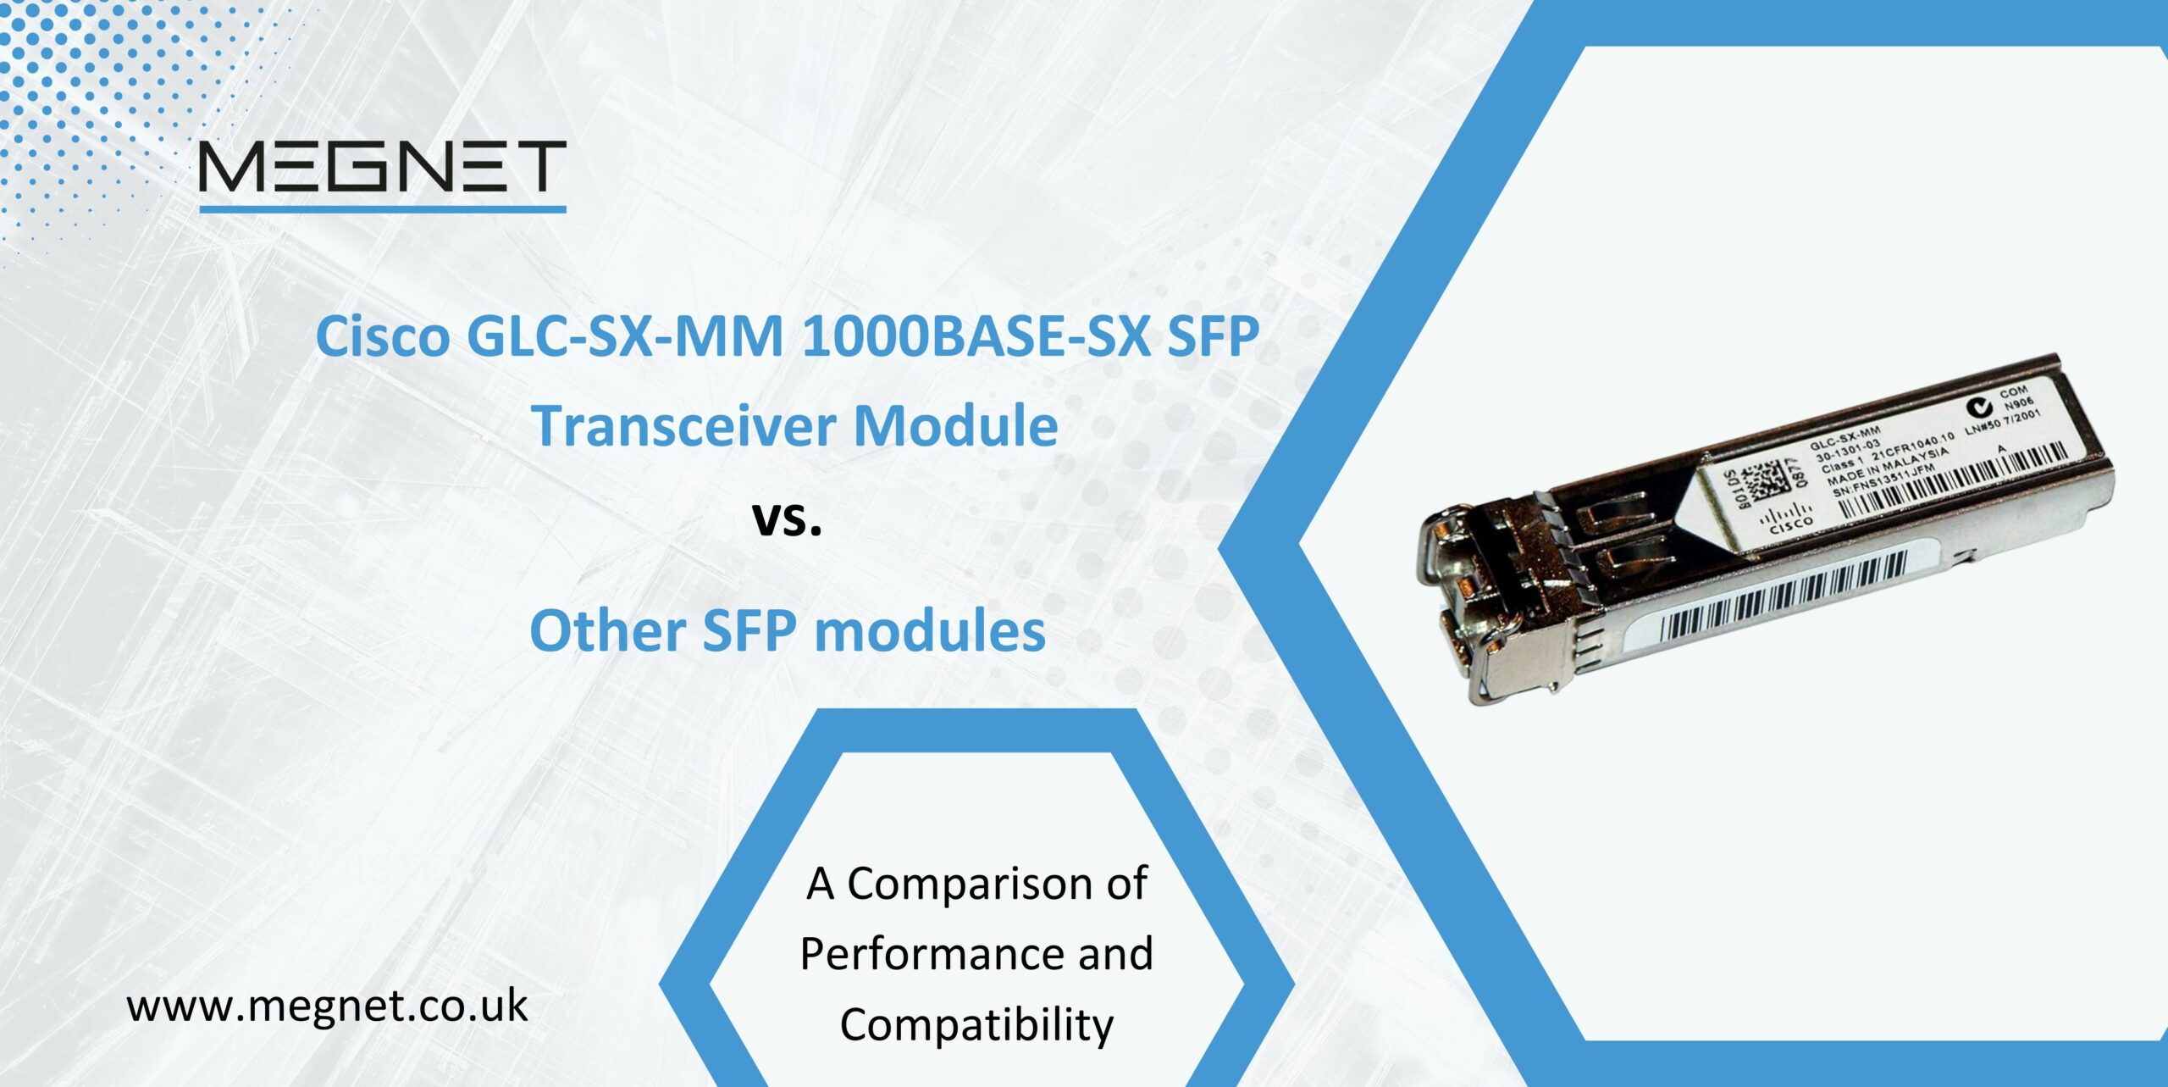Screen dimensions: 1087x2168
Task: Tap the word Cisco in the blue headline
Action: click(x=383, y=337)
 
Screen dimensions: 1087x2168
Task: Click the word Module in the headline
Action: click(x=955, y=425)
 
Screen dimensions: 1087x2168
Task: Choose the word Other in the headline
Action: click(x=607, y=631)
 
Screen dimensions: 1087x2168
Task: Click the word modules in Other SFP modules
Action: click(x=930, y=631)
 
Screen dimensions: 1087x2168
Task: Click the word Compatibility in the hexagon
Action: click(x=976, y=1024)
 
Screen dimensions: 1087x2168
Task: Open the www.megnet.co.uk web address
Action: click(x=327, y=1007)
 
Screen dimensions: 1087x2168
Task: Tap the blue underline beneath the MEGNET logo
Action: click(x=382, y=208)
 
